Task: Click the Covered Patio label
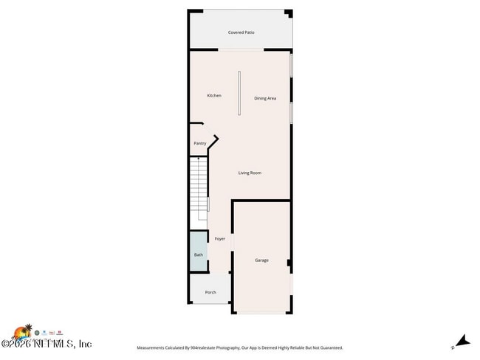coord(241,32)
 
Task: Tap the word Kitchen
coord(214,95)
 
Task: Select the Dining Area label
coord(265,98)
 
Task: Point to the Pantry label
coord(199,143)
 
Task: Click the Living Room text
coord(250,173)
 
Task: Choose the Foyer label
coord(220,239)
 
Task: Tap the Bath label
coord(198,255)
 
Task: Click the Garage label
coord(261,260)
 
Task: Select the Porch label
coord(210,292)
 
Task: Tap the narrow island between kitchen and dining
coord(239,93)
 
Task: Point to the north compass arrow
coord(462,341)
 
